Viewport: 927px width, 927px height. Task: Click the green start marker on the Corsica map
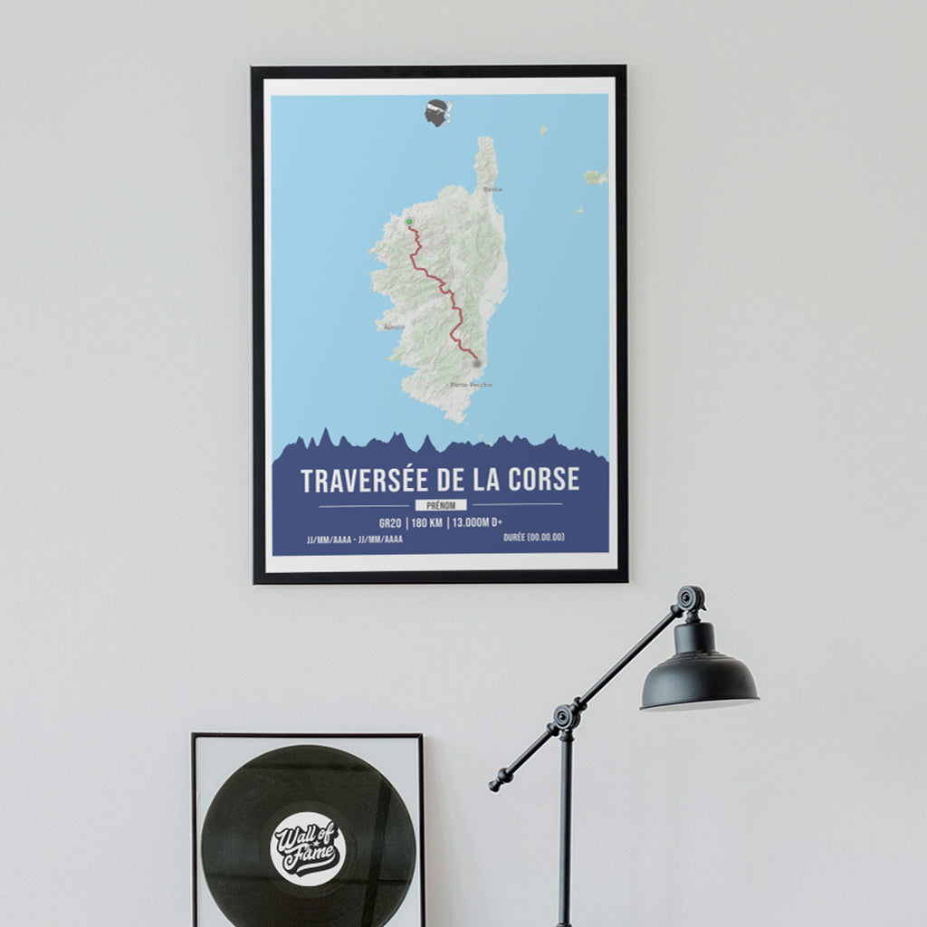pyautogui.click(x=409, y=222)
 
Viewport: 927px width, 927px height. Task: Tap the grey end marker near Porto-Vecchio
pyautogui.click(x=477, y=364)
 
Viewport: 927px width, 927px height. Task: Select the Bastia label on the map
pyautogui.click(x=492, y=190)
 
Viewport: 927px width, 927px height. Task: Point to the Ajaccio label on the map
pyautogui.click(x=394, y=327)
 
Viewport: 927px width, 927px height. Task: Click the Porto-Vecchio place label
pyautogui.click(x=472, y=385)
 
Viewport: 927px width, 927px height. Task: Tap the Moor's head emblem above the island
pyautogui.click(x=438, y=112)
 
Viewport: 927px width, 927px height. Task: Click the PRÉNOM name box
pyautogui.click(x=441, y=505)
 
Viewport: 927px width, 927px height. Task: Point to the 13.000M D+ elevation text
pyautogui.click(x=478, y=522)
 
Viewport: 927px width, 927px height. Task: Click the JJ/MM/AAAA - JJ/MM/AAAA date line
pyautogui.click(x=355, y=539)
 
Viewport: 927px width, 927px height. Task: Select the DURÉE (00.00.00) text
pyautogui.click(x=533, y=538)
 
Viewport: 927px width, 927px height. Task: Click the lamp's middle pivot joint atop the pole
pyautogui.click(x=567, y=717)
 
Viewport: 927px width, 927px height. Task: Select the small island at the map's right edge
pyautogui.click(x=595, y=177)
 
